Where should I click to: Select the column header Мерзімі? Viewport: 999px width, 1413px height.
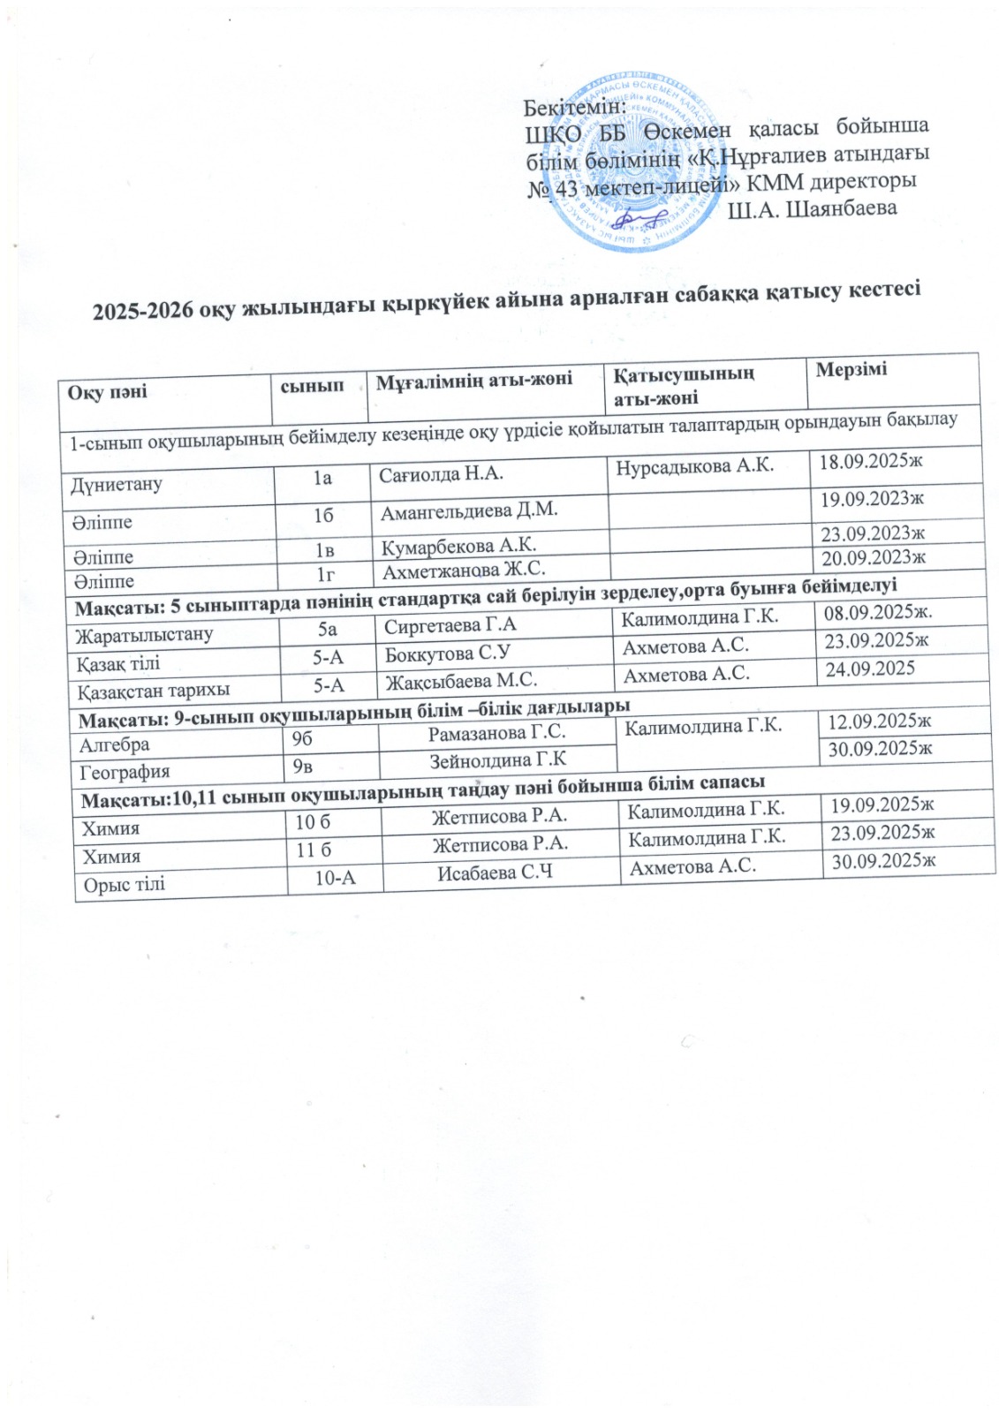[x=851, y=369]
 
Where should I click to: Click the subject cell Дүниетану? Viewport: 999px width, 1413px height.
[x=117, y=484]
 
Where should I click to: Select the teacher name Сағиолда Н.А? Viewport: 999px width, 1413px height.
[x=442, y=474]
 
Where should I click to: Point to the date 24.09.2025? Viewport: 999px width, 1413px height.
[x=869, y=669]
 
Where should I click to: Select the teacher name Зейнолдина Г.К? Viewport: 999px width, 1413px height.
[x=498, y=759]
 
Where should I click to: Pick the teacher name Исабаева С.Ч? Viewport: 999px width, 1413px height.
[x=496, y=873]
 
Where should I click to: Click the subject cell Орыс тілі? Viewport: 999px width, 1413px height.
[x=125, y=884]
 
